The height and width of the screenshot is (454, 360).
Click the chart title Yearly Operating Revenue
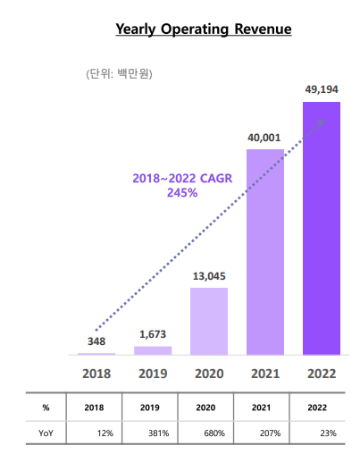click(x=204, y=29)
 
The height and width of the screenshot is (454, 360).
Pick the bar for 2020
click(x=209, y=321)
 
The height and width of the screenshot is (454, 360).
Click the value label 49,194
click(x=322, y=90)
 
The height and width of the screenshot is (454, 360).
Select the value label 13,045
click(x=209, y=276)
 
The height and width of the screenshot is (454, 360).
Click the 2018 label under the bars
click(x=96, y=372)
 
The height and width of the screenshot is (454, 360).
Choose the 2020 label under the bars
click(x=209, y=372)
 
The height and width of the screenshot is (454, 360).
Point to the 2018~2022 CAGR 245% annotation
click(x=182, y=185)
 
